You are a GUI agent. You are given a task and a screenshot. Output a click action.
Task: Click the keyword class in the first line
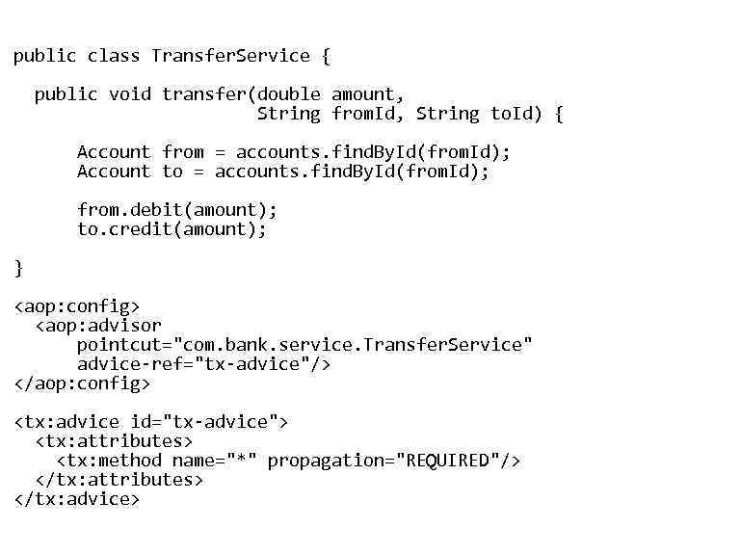click(x=114, y=56)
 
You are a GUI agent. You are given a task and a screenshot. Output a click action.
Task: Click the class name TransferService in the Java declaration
click(x=231, y=56)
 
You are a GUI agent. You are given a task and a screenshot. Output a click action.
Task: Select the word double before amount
click(x=289, y=94)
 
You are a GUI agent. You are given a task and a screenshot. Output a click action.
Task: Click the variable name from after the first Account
click(x=183, y=152)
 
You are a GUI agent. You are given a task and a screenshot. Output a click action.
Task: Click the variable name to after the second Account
click(x=172, y=172)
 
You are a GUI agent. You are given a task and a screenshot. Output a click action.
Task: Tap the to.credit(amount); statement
click(x=172, y=229)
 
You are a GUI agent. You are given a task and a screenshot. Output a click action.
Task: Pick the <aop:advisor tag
click(x=98, y=326)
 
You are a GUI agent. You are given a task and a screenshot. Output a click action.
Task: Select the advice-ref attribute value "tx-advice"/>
click(x=263, y=364)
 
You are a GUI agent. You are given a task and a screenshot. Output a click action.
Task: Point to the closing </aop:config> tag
click(x=83, y=383)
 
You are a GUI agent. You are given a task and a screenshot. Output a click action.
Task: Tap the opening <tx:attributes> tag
click(x=114, y=441)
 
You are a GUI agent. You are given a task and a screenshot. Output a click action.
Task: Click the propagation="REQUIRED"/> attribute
click(x=394, y=461)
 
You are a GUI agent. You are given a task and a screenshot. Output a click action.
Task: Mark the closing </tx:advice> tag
click(x=77, y=499)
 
